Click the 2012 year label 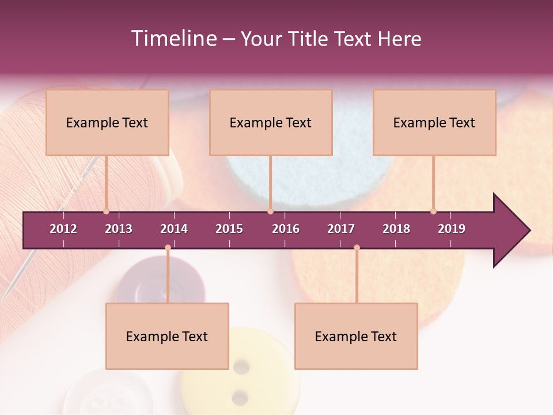tap(63, 229)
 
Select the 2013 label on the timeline tap(119, 229)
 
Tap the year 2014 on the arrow tap(174, 229)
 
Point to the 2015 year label tap(229, 229)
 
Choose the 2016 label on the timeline tap(286, 229)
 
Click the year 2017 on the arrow tap(341, 229)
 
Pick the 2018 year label tap(396, 229)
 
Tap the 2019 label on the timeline tap(452, 229)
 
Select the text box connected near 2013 tap(107, 122)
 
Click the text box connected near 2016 tap(271, 122)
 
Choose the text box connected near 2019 tap(434, 122)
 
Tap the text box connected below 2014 tap(167, 336)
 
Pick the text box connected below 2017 tap(356, 336)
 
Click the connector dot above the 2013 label tap(106, 212)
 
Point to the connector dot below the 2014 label tap(168, 248)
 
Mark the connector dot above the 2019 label tap(433, 212)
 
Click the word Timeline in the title tap(172, 39)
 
